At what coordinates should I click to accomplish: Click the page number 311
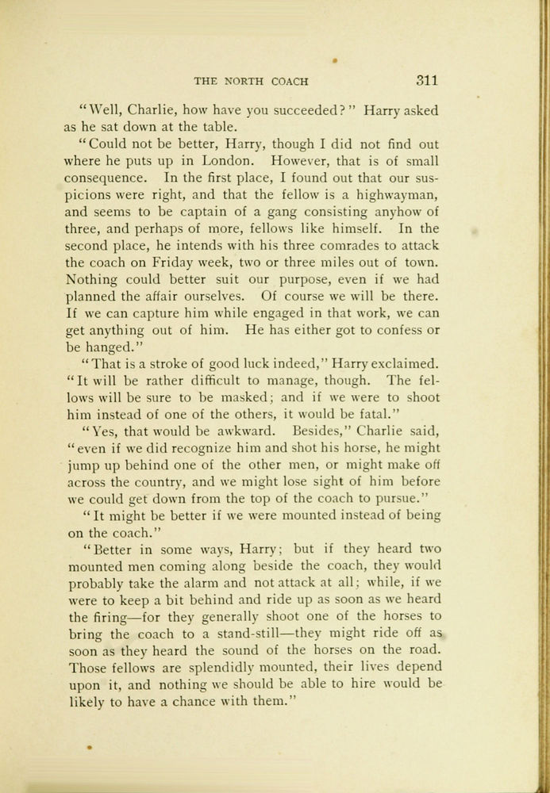click(427, 81)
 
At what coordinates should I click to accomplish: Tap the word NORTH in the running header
click(249, 82)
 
